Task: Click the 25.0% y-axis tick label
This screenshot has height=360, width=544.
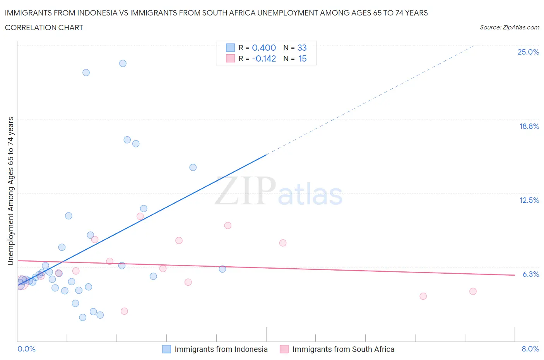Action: [x=528, y=52]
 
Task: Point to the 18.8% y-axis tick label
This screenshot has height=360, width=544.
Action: [x=529, y=126]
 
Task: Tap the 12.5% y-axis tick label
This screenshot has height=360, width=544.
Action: [x=529, y=200]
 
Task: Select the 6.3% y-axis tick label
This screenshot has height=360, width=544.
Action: [x=530, y=274]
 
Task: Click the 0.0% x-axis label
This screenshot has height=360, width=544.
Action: [x=26, y=349]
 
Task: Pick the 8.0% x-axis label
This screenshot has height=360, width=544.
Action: [x=530, y=349]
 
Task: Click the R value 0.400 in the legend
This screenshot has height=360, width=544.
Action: [x=264, y=48]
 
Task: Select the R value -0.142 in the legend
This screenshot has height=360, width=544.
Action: [x=264, y=58]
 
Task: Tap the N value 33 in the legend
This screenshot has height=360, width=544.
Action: [x=302, y=48]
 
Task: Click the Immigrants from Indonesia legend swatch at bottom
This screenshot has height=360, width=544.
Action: [x=166, y=349]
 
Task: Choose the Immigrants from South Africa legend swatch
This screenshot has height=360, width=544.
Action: [x=284, y=349]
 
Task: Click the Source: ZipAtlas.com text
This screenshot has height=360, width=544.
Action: [x=509, y=27]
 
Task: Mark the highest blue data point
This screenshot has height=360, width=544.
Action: [x=123, y=63]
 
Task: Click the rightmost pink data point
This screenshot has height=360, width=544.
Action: [x=473, y=291]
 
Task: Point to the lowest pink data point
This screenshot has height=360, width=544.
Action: [x=124, y=311]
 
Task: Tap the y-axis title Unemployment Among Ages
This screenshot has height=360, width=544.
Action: [x=10, y=191]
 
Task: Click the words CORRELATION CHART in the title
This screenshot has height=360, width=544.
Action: [x=44, y=27]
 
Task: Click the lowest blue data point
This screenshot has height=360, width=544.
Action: [x=82, y=317]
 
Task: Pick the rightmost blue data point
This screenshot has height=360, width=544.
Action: [x=222, y=269]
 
